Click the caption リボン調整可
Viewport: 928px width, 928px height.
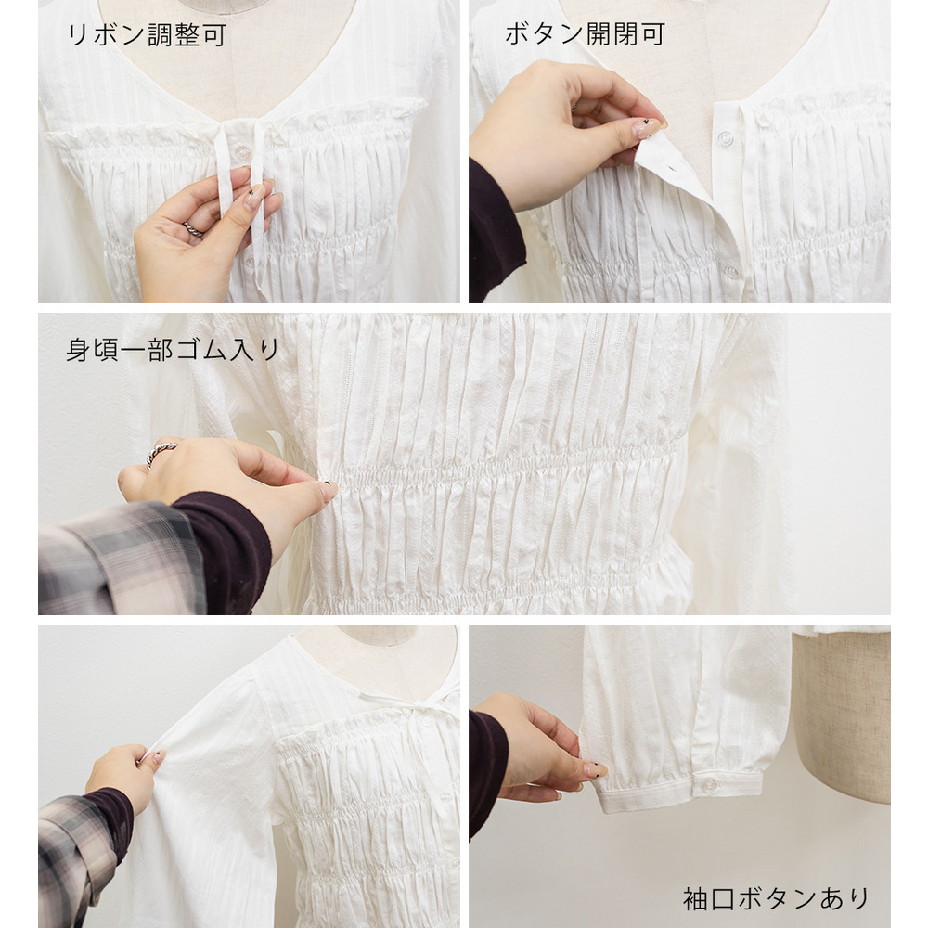point(148,35)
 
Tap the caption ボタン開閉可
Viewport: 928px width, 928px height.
point(586,34)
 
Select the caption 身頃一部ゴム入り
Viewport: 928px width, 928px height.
point(173,350)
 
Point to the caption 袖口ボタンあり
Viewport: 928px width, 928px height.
point(776,898)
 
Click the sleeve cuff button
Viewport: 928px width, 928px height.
point(708,786)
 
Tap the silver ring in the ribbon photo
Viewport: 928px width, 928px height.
point(192,229)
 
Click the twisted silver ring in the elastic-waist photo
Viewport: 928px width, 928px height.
point(160,452)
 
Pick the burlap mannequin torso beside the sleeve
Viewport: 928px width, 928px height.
point(842,716)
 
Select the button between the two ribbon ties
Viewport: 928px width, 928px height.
point(242,153)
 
